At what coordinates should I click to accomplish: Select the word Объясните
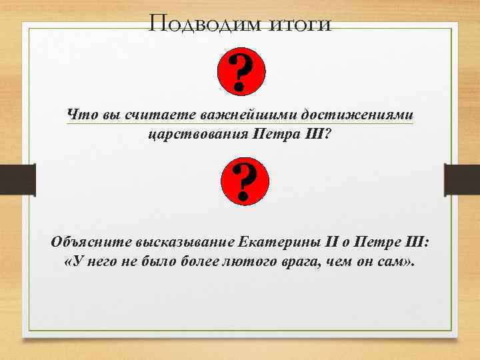(x=92, y=241)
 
